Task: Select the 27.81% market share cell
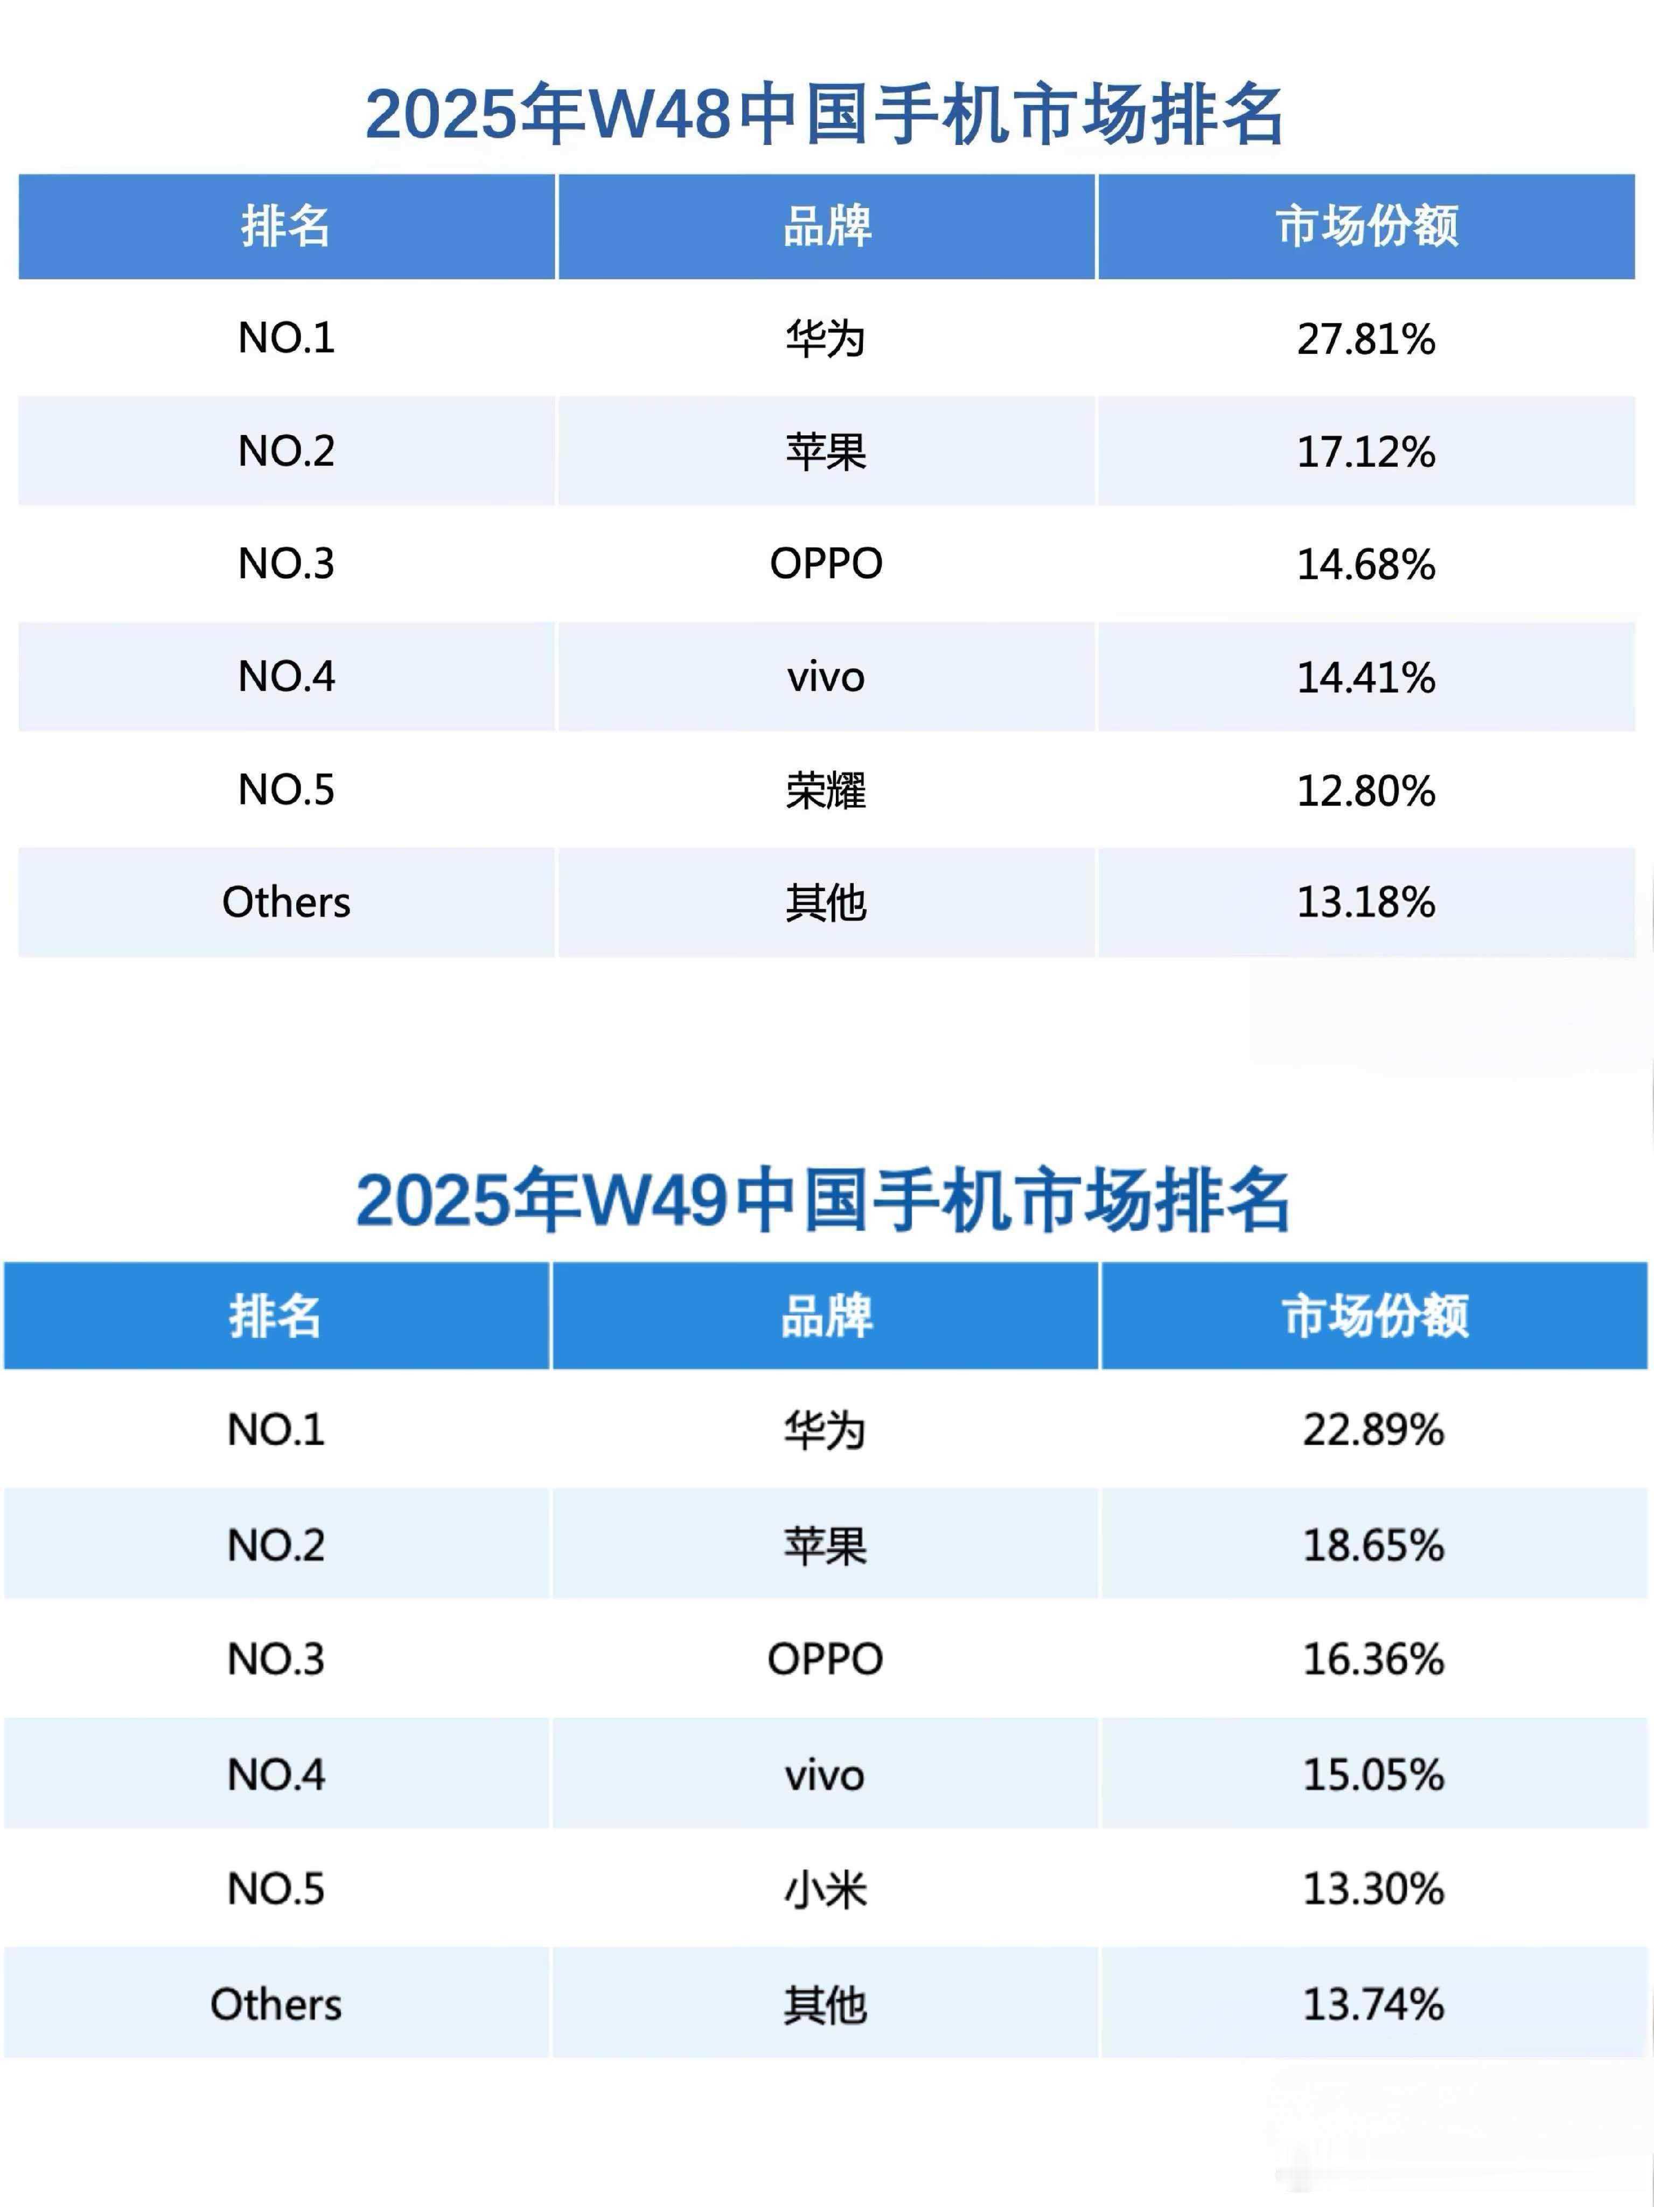coord(1366,339)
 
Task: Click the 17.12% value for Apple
coord(1366,452)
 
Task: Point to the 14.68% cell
coord(1366,565)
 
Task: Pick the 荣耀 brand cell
coord(825,790)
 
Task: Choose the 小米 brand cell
coord(825,1889)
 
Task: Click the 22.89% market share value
coord(1373,1430)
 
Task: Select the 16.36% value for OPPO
coord(1373,1659)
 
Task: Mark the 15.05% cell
coord(1373,1774)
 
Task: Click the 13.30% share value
coord(1373,1889)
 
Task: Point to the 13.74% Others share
coord(1373,2003)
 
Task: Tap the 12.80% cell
coord(1366,790)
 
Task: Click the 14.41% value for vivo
coord(1366,677)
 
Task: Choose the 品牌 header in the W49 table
coord(825,1316)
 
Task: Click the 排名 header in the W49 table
coord(275,1316)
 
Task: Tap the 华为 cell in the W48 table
coord(825,339)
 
